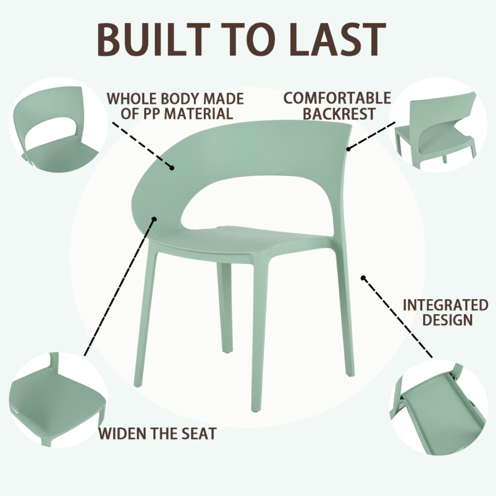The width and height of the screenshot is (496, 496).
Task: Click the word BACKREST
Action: [339, 114]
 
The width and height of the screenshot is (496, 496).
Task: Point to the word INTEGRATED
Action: [445, 305]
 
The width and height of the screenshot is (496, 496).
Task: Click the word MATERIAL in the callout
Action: [198, 114]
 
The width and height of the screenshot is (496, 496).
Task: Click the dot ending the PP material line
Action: [172, 168]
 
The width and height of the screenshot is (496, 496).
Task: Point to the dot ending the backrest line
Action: [348, 149]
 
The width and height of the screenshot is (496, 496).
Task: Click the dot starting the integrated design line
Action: [363, 278]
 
